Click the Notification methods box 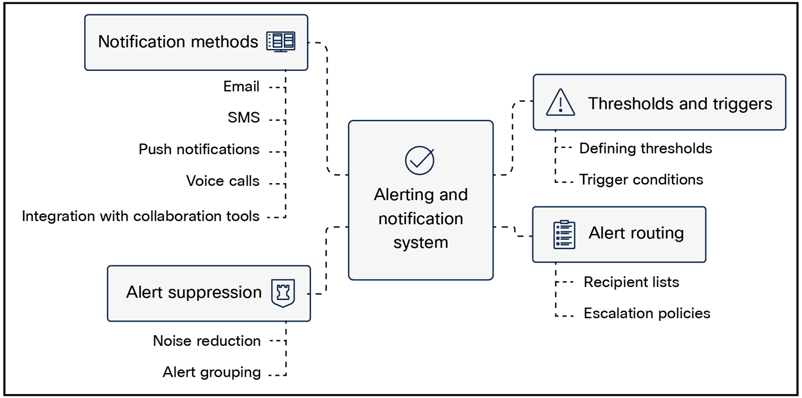click(x=196, y=42)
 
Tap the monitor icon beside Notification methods click(x=281, y=41)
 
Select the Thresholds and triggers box click(x=659, y=102)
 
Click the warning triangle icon click(x=560, y=103)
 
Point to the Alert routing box click(x=619, y=234)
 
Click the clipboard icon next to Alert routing click(x=564, y=235)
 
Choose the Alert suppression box click(x=208, y=293)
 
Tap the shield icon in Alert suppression click(x=283, y=293)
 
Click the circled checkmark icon click(x=419, y=160)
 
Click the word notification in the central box click(x=421, y=219)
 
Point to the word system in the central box click(x=421, y=243)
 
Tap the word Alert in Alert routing click(x=604, y=233)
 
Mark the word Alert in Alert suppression click(x=145, y=292)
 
